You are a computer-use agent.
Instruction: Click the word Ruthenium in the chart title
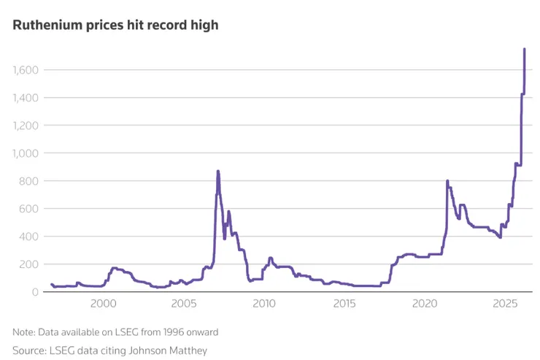[43, 25]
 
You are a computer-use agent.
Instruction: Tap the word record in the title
[162, 25]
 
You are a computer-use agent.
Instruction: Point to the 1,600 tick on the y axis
[26, 70]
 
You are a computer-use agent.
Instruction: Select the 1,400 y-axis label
[26, 98]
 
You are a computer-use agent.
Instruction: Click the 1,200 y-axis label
[26, 126]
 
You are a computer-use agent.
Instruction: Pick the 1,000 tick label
[26, 153]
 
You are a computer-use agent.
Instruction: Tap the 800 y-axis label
[30, 181]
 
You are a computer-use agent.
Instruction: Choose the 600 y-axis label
[30, 209]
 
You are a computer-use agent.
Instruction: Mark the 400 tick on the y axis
[30, 237]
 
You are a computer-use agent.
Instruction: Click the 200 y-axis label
[30, 264]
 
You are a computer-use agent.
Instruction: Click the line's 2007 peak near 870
[217, 172]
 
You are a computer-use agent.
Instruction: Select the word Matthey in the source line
[188, 351]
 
